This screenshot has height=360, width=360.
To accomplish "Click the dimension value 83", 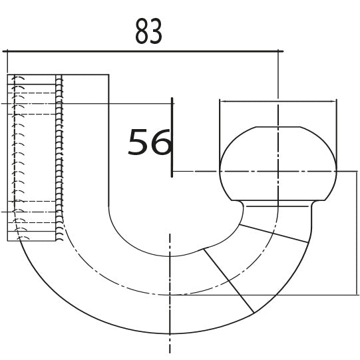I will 148,31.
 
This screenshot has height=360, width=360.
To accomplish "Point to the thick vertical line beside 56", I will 172,136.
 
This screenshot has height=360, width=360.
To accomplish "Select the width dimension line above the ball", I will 277,101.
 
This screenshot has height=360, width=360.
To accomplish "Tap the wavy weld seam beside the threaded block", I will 61,157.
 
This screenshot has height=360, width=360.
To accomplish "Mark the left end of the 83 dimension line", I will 5,51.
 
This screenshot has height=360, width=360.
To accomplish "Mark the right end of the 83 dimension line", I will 282,51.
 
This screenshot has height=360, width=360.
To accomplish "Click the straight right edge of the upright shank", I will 108,140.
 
